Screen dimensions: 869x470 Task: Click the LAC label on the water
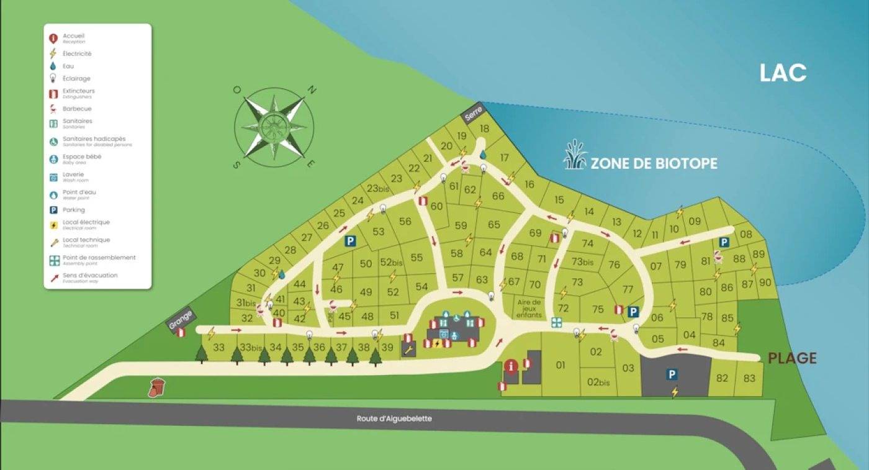tap(783, 73)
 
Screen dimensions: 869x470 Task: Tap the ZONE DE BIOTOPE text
tap(654, 163)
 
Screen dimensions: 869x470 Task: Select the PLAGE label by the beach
tap(792, 358)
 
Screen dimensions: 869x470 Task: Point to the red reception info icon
tap(511, 366)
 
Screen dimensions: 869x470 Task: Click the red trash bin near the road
tap(157, 387)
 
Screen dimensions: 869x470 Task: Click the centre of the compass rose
tap(274, 127)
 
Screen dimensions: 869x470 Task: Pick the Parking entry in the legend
tap(73, 210)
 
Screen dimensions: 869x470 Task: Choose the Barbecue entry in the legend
tap(77, 109)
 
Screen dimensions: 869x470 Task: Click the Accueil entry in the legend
tap(73, 37)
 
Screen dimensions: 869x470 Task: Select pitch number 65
tap(494, 225)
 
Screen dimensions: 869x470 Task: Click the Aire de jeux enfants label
tap(529, 308)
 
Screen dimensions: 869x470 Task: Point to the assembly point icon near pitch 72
tap(556, 322)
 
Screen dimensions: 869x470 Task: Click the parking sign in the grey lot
tap(671, 374)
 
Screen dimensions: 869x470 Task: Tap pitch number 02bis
tap(598, 382)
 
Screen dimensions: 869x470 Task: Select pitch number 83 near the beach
tap(749, 378)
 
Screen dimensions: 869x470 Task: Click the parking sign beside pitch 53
tap(350, 241)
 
